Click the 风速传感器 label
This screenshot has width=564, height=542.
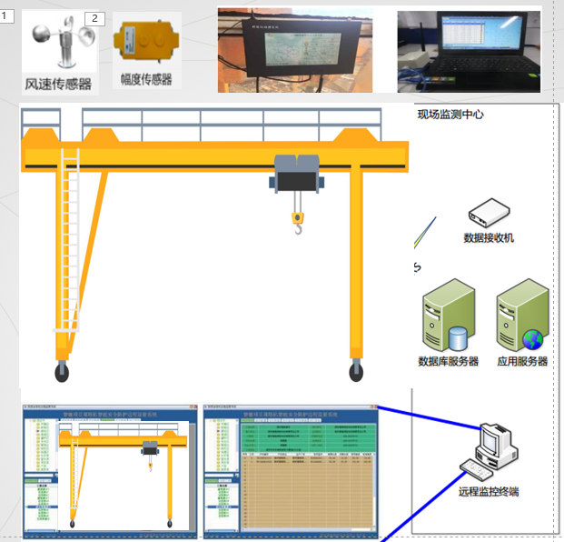(x=58, y=84)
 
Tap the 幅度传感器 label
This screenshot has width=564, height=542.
(x=145, y=79)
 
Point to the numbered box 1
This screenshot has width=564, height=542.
(x=7, y=16)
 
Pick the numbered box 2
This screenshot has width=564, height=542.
(x=95, y=18)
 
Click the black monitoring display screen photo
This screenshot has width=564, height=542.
(x=294, y=50)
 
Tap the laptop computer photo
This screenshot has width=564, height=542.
(x=469, y=51)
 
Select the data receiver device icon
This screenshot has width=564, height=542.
(x=489, y=215)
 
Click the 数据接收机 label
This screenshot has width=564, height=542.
(x=489, y=238)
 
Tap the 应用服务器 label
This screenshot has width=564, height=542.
(x=522, y=361)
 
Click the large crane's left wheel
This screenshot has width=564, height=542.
(x=62, y=370)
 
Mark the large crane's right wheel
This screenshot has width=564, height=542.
(x=356, y=370)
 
